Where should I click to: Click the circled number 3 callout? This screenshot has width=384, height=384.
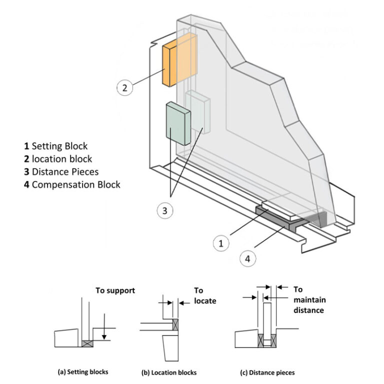(x=165, y=210)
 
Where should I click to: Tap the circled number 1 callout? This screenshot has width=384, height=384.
(x=220, y=244)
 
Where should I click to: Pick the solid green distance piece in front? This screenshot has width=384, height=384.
(x=177, y=123)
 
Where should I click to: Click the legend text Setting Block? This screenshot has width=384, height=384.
(x=55, y=146)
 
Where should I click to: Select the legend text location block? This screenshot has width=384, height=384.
(x=58, y=159)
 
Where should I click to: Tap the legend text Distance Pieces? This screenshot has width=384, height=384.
(x=61, y=171)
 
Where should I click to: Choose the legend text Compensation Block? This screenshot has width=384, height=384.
(x=72, y=184)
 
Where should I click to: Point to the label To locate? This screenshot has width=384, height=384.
(x=203, y=295)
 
